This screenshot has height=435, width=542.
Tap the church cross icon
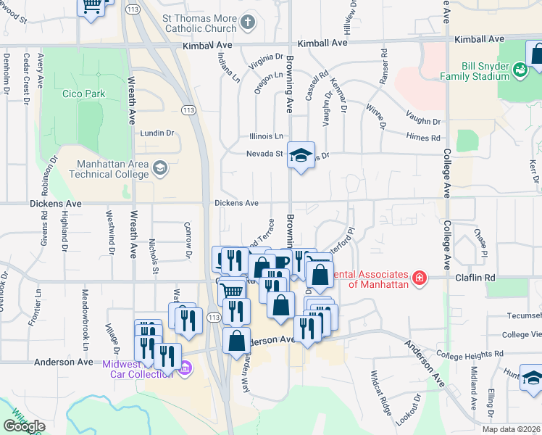point(249,21)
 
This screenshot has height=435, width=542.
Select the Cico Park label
point(83,94)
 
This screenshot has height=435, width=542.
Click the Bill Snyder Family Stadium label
point(477,71)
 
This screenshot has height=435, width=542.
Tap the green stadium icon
point(520,70)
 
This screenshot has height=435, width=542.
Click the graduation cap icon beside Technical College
point(159,169)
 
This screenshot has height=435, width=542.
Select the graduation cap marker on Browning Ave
point(301,154)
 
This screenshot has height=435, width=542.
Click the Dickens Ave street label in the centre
point(236,203)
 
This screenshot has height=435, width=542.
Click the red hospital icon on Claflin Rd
point(418,278)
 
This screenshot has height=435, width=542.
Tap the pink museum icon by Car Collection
point(185,368)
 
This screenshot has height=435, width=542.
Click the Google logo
point(24,426)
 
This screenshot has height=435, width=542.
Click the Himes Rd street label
point(425,138)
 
